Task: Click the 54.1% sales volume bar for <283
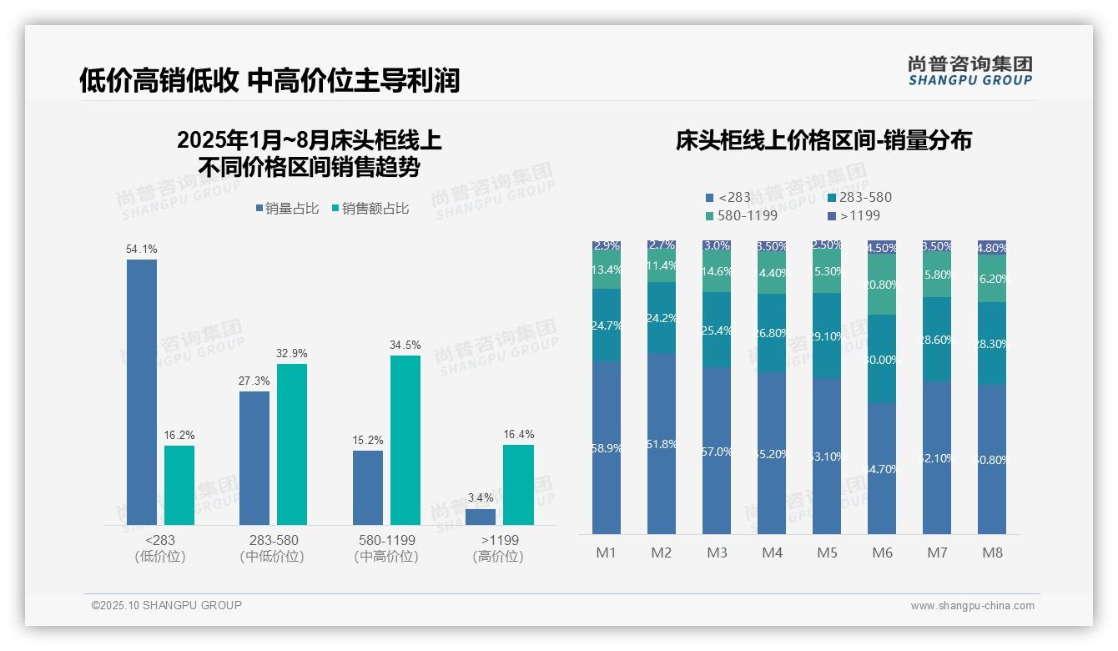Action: point(142,392)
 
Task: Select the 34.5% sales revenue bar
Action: point(405,440)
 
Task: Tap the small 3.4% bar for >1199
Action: point(481,517)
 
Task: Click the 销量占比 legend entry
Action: point(287,209)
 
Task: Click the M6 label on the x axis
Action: point(883,553)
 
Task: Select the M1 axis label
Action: point(606,553)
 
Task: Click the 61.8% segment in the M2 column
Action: point(662,444)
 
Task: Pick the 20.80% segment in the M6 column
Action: point(883,285)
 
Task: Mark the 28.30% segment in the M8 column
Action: point(992,343)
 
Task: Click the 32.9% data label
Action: point(291,353)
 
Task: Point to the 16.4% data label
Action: point(518,434)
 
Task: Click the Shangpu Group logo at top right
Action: point(969,71)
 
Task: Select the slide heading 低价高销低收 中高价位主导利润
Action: point(269,80)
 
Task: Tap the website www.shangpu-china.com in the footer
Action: point(972,606)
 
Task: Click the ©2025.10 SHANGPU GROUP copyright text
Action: point(167,605)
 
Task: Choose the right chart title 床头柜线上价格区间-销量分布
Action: point(823,140)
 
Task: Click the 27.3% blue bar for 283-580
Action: point(254,458)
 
